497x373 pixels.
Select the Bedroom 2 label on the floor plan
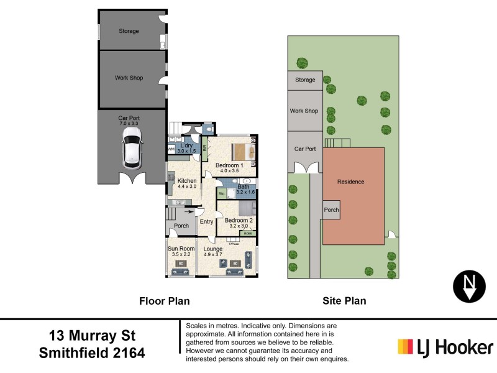click(x=239, y=221)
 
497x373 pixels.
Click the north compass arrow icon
click(x=469, y=285)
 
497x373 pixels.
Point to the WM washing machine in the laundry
click(x=171, y=149)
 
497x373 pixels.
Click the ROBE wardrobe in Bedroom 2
click(x=248, y=234)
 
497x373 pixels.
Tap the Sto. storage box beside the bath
click(x=221, y=194)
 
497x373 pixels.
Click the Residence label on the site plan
click(x=350, y=182)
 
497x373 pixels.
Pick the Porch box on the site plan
click(x=331, y=210)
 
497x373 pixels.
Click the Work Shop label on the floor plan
click(x=129, y=78)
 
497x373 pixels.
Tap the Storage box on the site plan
click(x=304, y=80)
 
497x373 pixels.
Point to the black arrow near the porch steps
click(x=180, y=211)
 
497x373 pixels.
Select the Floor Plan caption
click(x=164, y=301)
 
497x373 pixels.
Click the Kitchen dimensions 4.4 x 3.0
click(x=186, y=186)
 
